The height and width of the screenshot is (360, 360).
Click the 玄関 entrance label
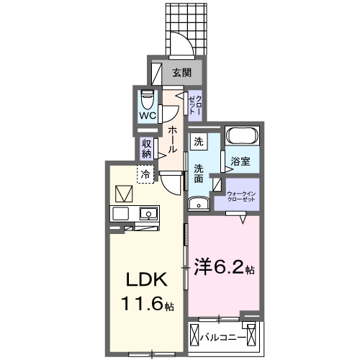tap(182, 73)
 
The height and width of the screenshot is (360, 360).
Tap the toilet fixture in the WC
tap(147, 99)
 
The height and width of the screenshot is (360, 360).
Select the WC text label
tap(148, 116)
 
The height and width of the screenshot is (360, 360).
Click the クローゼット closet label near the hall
tap(195, 105)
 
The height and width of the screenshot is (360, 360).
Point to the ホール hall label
tap(172, 140)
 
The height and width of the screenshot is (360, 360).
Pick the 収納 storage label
tap(147, 149)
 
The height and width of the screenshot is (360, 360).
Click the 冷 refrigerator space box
tap(145, 174)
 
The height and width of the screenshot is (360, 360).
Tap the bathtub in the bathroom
tap(242, 135)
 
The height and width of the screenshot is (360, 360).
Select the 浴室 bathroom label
tap(240, 161)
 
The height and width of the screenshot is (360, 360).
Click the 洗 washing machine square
tap(199, 142)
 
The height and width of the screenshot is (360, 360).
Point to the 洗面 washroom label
tap(199, 174)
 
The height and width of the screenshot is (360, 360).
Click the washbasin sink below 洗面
tap(199, 204)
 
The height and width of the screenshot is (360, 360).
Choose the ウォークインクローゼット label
tap(241, 197)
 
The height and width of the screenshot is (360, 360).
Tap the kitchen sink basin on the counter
tap(148, 214)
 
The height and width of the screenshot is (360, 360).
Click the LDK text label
tap(147, 280)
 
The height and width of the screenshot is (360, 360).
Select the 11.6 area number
tap(143, 303)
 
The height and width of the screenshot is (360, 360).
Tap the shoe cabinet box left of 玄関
tap(157, 73)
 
